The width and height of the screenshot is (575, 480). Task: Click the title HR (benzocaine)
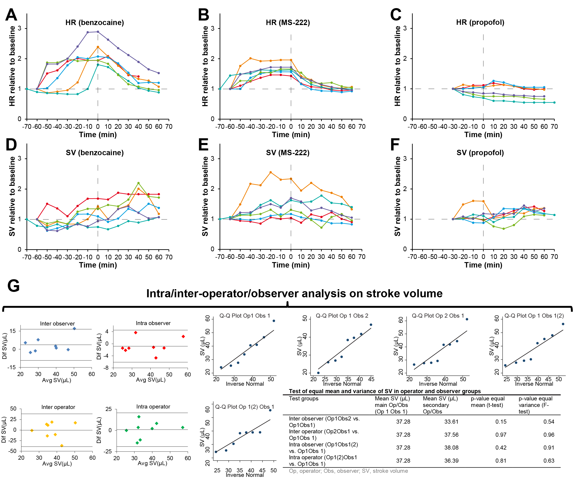(x=94, y=23)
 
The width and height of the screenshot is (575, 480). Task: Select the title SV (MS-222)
(x=287, y=153)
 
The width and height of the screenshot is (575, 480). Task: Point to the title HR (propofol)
(x=480, y=22)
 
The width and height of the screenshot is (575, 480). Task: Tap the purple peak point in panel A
(x=98, y=32)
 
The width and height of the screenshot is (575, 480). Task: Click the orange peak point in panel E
(x=271, y=172)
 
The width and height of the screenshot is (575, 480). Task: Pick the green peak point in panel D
(x=138, y=183)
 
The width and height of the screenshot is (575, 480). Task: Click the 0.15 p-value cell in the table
(x=501, y=422)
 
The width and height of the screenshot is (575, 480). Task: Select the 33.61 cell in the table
(x=451, y=422)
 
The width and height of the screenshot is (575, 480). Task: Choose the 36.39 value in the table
(x=451, y=461)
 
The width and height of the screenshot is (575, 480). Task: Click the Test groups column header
(x=304, y=398)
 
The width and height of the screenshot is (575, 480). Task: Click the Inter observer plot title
(x=57, y=323)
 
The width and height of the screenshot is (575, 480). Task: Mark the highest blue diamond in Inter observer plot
(x=74, y=328)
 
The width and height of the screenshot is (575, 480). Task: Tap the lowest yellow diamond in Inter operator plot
(x=62, y=446)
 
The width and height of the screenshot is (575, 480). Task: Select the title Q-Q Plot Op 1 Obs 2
(x=342, y=316)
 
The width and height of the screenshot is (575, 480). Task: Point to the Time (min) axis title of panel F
(x=483, y=265)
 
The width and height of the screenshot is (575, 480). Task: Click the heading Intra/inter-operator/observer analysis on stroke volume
(x=294, y=293)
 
